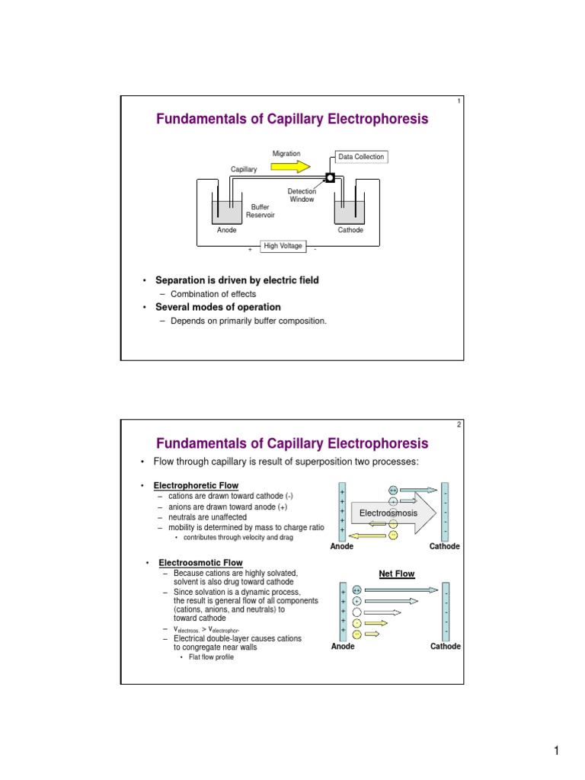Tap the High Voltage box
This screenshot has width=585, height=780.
coord(283,246)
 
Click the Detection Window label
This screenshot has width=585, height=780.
coord(302,195)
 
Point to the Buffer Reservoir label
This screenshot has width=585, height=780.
coord(260,211)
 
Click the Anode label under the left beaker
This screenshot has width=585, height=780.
coord(227,230)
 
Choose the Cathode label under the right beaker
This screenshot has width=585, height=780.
coord(351,230)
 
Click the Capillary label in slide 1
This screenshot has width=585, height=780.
coord(244,169)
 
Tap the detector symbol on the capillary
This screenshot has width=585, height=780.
coord(330,178)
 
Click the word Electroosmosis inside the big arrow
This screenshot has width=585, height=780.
coord(388,513)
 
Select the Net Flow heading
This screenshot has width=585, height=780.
coord(397,574)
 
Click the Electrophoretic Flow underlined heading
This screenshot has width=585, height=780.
coord(196,485)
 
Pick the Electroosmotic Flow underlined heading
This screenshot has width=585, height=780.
coord(200,563)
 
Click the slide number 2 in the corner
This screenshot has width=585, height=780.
coord(459,425)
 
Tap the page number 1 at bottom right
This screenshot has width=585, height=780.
coord(557,753)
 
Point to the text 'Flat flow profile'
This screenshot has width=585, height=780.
coord(206,657)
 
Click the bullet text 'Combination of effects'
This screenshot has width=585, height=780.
coord(213,294)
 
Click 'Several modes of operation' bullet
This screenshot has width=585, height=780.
coord(218,307)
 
